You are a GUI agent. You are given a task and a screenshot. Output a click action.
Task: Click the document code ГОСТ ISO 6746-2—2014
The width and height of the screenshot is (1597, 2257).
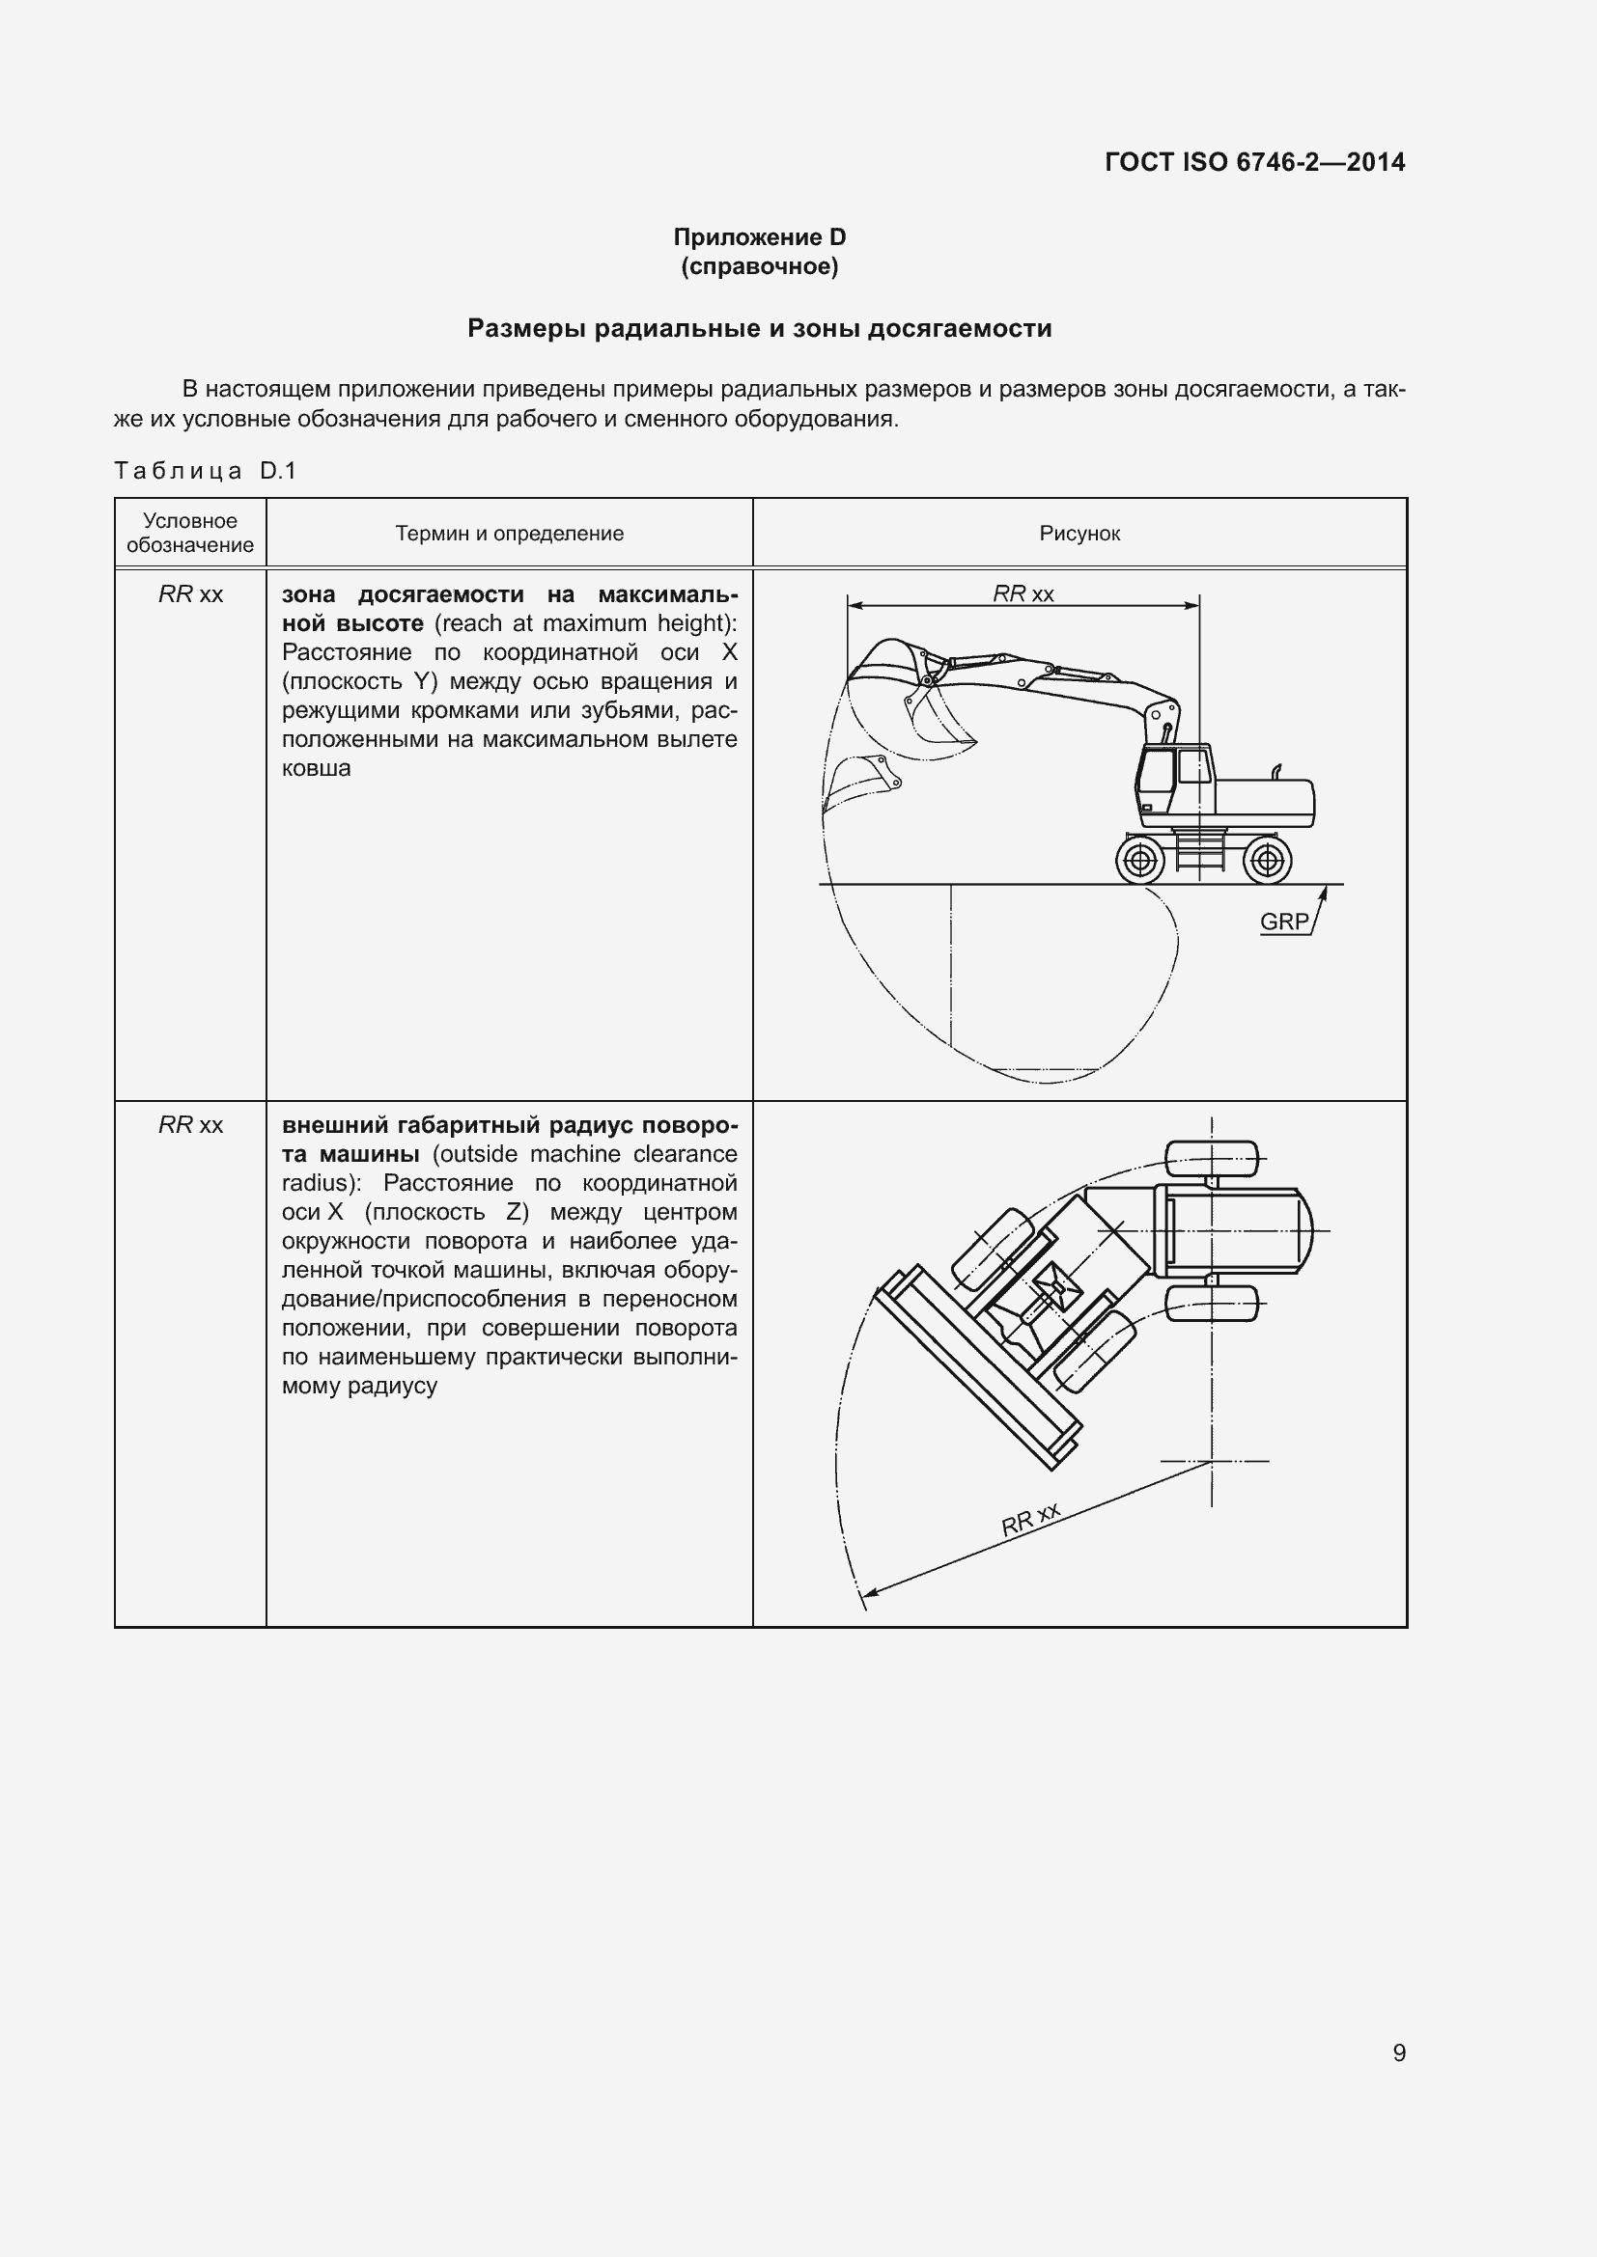click(1255, 162)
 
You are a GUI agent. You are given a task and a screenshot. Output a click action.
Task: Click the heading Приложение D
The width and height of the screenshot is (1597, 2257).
click(759, 237)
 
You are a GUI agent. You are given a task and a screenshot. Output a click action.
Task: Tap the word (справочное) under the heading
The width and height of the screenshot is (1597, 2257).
click(759, 266)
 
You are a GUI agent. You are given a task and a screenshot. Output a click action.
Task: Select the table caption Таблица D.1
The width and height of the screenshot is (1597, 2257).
click(205, 471)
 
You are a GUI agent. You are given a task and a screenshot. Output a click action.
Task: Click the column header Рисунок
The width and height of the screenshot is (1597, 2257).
click(1079, 534)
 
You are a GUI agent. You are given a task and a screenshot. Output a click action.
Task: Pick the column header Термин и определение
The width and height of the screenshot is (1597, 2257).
click(510, 534)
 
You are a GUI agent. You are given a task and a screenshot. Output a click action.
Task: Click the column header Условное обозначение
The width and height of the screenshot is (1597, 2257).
click(190, 533)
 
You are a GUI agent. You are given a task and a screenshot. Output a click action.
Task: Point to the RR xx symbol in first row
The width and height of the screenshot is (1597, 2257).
click(191, 594)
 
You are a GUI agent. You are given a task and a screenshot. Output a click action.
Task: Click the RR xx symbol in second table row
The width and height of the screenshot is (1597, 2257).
click(191, 1124)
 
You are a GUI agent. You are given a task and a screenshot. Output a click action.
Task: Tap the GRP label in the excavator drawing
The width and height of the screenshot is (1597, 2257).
click(1283, 922)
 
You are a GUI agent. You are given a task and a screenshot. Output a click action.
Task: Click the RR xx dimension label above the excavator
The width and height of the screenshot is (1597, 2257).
click(1023, 593)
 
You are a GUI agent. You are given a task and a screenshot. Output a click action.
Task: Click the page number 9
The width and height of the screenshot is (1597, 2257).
click(1398, 2052)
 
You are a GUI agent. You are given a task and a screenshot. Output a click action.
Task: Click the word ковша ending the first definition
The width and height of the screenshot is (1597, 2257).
click(316, 769)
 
